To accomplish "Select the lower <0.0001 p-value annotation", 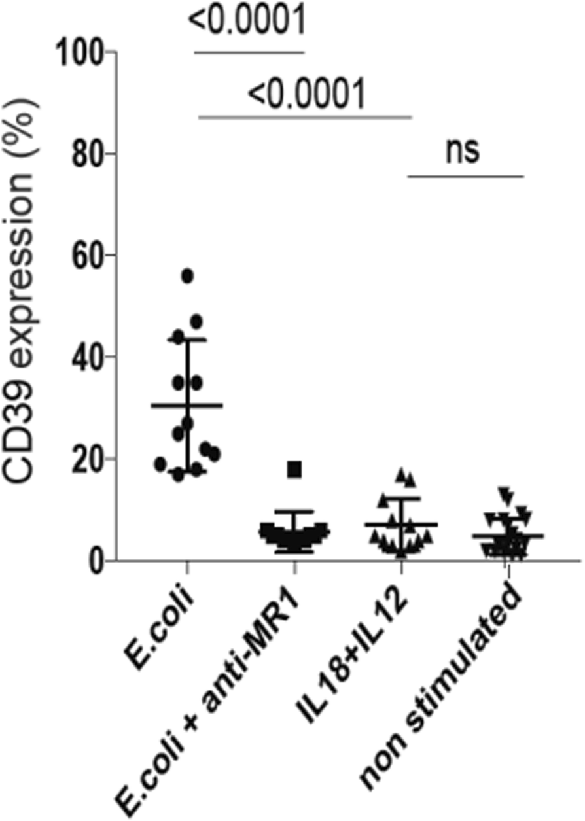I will tap(306, 96).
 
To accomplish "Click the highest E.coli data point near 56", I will tap(188, 275).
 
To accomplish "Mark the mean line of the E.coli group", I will tap(187, 406).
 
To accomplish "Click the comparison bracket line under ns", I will tap(466, 176).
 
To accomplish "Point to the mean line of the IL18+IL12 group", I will tap(401, 525).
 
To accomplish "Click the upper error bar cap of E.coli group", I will tap(187, 339).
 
